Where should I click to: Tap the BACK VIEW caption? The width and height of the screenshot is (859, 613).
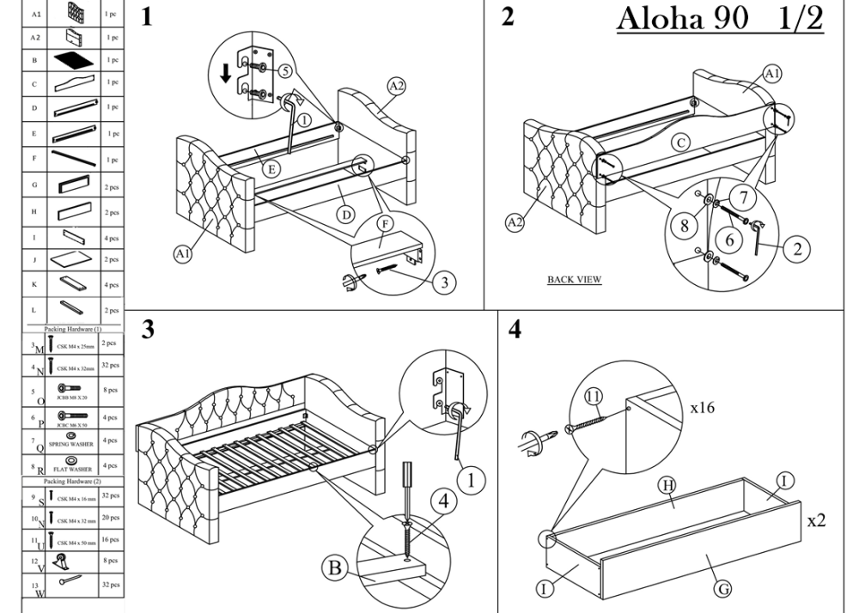pos(574,279)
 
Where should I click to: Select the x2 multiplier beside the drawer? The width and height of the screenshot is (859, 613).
pos(815,520)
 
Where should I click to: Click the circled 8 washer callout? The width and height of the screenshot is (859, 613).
pos(685,226)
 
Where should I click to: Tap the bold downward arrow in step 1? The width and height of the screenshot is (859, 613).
pos(226,74)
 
